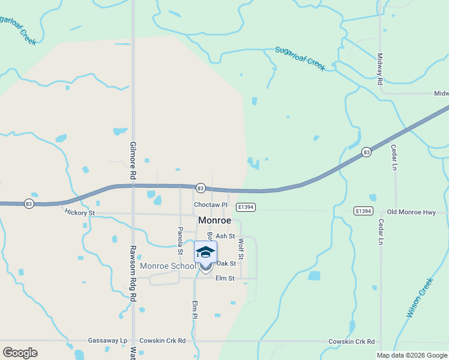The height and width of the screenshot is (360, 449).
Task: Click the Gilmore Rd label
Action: pyautogui.click(x=133, y=161)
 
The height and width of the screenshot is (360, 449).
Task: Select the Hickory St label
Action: pyautogui.click(x=79, y=212)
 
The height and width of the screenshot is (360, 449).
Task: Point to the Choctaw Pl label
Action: pyautogui.click(x=210, y=205)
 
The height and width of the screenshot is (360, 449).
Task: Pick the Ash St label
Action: pyautogui.click(x=224, y=236)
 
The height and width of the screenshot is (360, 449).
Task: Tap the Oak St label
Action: pyautogui.click(x=226, y=263)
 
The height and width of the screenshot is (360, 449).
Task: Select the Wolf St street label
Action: pyautogui.click(x=241, y=249)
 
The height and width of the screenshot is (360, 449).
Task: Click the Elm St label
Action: pyautogui.click(x=224, y=278)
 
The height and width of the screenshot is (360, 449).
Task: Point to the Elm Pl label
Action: pyautogui.click(x=194, y=310)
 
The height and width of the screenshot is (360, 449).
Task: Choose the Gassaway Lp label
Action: pyautogui.click(x=107, y=341)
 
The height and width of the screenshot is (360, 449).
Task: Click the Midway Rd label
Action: pyautogui.click(x=380, y=69)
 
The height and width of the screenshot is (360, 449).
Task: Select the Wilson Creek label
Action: pyautogui.click(x=420, y=298)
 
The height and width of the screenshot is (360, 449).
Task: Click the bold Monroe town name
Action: pyautogui.click(x=215, y=221)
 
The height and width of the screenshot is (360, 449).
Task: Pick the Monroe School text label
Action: pyautogui.click(x=167, y=266)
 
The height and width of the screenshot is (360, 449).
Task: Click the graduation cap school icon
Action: pyautogui.click(x=205, y=253)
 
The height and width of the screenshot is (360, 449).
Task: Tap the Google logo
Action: pyautogui.click(x=20, y=353)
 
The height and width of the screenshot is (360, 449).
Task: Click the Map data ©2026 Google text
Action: pyautogui.click(x=412, y=355)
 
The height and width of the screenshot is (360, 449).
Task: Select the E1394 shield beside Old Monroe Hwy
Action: pyautogui.click(x=363, y=211)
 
